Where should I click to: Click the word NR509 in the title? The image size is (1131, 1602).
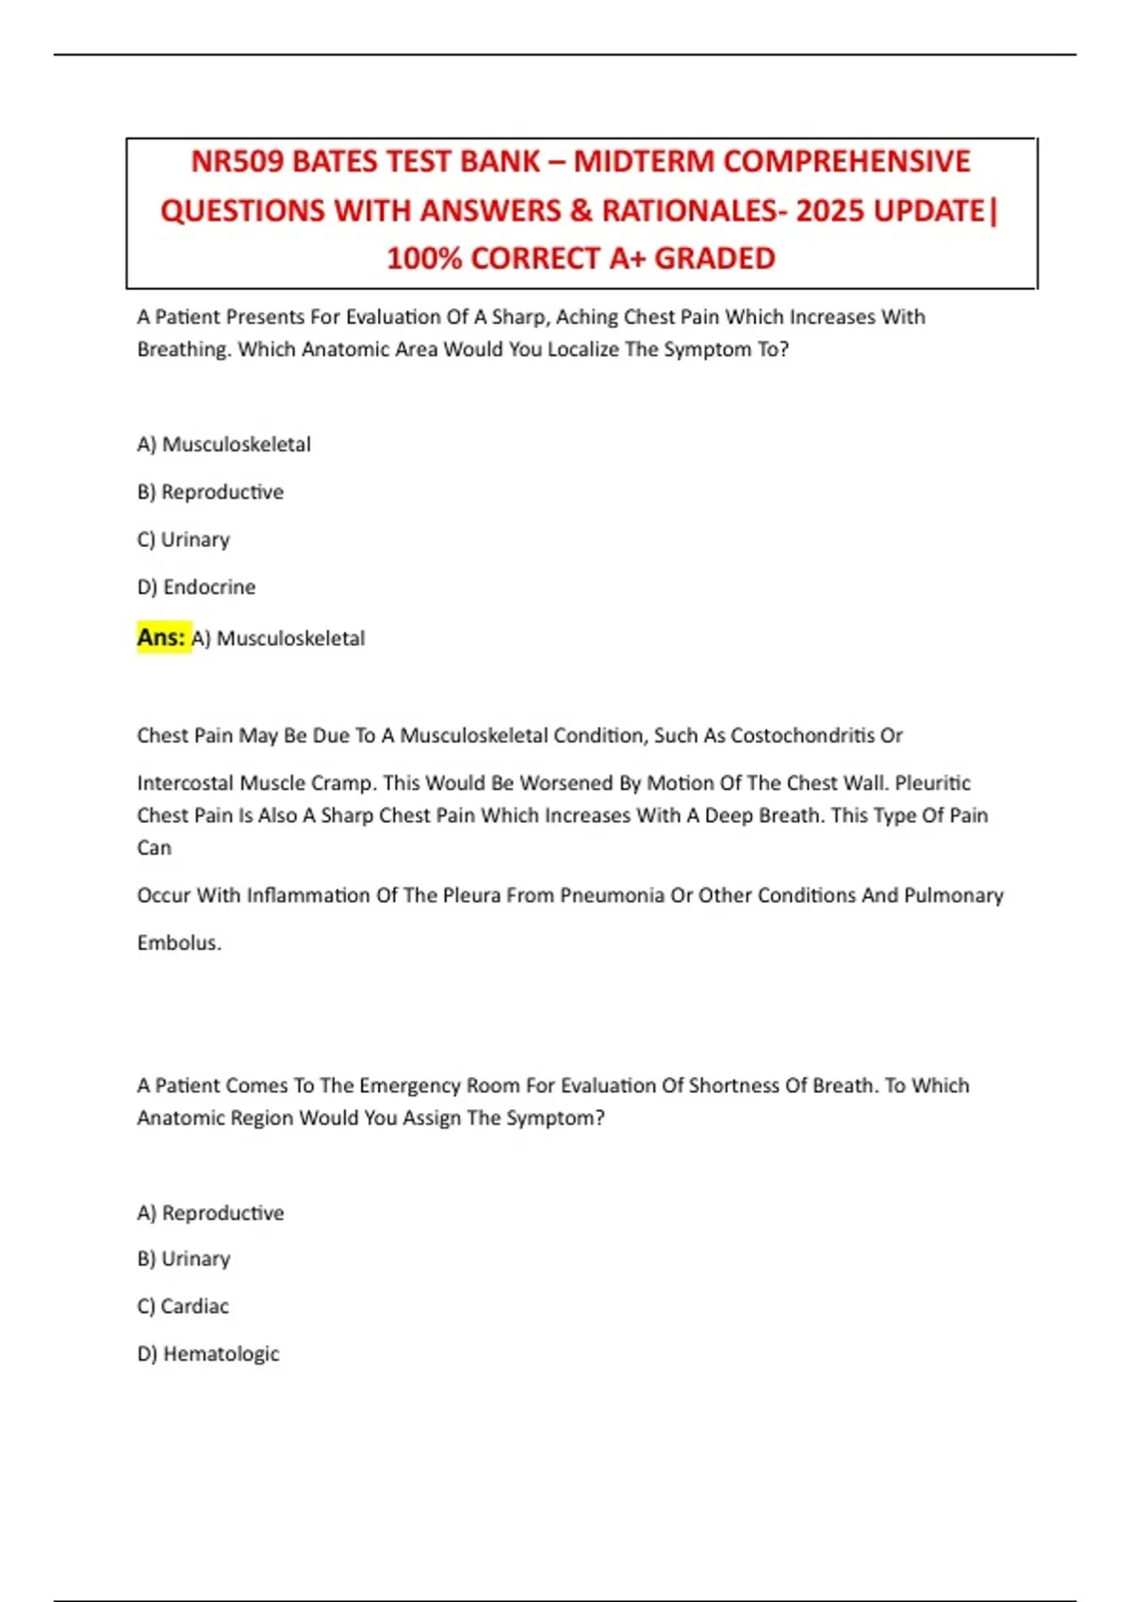pyautogui.click(x=238, y=161)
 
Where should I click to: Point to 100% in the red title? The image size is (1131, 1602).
pyautogui.click(x=424, y=258)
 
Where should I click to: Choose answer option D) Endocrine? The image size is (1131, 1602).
pyautogui.click(x=196, y=587)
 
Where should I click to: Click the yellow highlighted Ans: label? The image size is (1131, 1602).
pyautogui.click(x=161, y=638)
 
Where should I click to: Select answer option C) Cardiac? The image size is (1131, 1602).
pyautogui.click(x=183, y=1306)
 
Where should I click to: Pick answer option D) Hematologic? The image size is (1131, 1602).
pyautogui.click(x=208, y=1354)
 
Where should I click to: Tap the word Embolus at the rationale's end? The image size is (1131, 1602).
pyautogui.click(x=179, y=942)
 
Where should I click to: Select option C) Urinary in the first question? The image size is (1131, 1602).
pyautogui.click(x=183, y=540)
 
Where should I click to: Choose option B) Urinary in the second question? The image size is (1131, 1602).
pyautogui.click(x=183, y=1259)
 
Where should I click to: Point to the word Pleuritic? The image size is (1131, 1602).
pyautogui.click(x=932, y=783)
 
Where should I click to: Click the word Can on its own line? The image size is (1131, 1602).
pyautogui.click(x=154, y=848)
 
